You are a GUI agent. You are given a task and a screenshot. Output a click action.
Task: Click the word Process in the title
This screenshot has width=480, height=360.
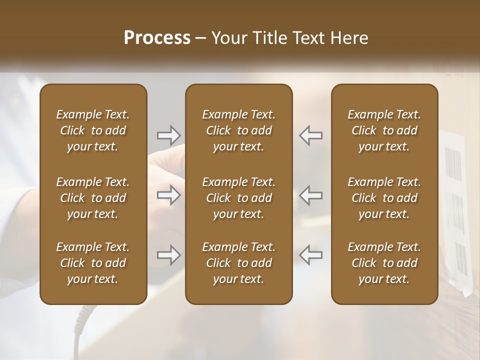click(x=157, y=38)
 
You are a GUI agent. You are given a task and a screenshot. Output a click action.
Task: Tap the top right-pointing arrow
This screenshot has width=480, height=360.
click(x=168, y=135)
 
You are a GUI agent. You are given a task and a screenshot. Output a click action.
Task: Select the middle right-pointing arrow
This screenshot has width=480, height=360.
click(x=168, y=195)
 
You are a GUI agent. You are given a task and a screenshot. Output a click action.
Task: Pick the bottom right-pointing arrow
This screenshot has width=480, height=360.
click(x=168, y=255)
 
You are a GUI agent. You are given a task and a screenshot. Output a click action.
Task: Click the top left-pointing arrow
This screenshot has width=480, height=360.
click(x=311, y=135)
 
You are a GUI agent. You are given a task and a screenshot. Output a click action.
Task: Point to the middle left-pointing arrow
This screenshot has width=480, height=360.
click(x=311, y=195)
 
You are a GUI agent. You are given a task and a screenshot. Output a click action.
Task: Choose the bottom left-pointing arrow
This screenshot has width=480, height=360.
click(x=311, y=255)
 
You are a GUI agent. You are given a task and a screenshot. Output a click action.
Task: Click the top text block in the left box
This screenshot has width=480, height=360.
click(x=93, y=130)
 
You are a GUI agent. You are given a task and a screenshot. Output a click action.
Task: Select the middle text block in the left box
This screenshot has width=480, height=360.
click(x=93, y=198)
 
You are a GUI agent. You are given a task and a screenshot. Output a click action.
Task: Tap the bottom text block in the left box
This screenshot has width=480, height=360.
click(x=93, y=263)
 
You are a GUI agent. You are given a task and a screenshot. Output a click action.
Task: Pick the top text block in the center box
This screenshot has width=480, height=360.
click(x=238, y=130)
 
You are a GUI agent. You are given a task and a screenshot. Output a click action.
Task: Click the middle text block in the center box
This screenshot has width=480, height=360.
click(x=238, y=198)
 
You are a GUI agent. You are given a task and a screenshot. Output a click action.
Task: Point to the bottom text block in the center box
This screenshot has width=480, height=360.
click(x=238, y=263)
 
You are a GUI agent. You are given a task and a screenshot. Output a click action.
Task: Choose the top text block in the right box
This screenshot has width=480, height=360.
click(x=384, y=130)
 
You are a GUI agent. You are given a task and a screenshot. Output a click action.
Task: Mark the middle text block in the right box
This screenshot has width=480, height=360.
click(x=384, y=198)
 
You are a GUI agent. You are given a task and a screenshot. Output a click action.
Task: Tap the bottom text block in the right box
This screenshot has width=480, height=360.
click(x=384, y=263)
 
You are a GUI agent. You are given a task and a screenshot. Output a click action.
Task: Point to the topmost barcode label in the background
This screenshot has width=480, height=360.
click(x=453, y=163)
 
